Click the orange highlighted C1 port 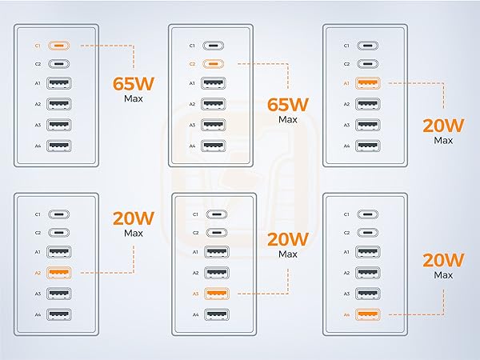click(58, 46)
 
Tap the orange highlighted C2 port click(214, 64)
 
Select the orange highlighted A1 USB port click(368, 83)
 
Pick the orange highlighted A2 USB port click(58, 273)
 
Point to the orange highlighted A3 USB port click(217, 294)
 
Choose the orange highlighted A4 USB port click(368, 314)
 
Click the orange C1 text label click(38, 46)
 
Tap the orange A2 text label click(38, 273)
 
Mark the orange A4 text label click(346, 314)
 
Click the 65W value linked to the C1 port click(134, 83)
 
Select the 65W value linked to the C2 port click(288, 104)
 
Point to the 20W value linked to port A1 click(443, 126)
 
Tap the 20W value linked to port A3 click(288, 239)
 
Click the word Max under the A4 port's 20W click(443, 275)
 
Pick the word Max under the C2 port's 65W click(288, 119)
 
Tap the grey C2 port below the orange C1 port click(58, 64)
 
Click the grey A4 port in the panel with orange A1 click(368, 146)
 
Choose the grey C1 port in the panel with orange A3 click(217, 214)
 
